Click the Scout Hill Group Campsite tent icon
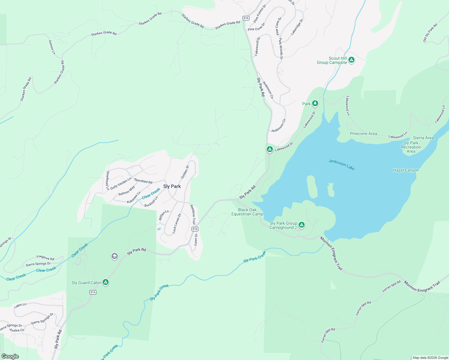[351, 60]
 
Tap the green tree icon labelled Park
[315, 103]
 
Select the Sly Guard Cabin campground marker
[105, 282]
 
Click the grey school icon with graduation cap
[114, 256]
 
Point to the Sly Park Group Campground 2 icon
[302, 225]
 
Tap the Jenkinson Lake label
[342, 165]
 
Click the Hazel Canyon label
[406, 170]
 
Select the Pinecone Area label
[363, 133]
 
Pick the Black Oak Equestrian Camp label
[247, 212]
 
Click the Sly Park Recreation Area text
[411, 147]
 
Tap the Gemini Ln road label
[52, 47]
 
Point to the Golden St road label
[185, 172]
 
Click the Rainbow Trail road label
[193, 214]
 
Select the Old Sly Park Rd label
[430, 33]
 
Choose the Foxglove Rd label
[45, 257]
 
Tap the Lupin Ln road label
[20, 305]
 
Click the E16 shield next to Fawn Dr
[195, 229]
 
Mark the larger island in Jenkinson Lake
[312, 187]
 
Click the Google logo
[10, 356]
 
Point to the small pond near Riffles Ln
[159, 229]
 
